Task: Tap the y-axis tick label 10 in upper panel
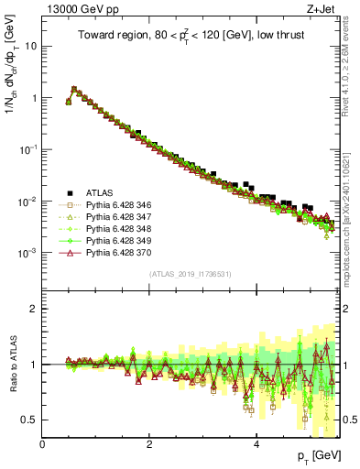[x=29, y=46]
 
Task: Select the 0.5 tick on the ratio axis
[x=29, y=420]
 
